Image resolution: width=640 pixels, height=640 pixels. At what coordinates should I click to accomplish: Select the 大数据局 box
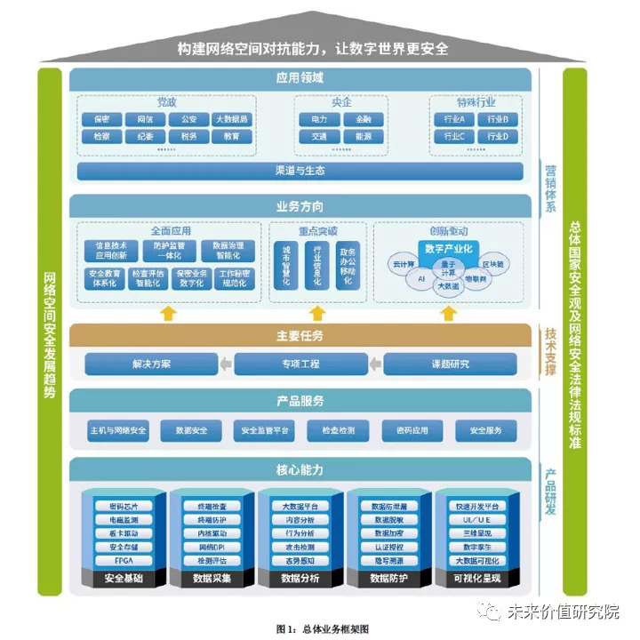232,119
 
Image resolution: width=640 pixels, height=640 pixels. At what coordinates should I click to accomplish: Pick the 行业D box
495,137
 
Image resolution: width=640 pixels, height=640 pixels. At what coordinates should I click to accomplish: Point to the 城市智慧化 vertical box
285,265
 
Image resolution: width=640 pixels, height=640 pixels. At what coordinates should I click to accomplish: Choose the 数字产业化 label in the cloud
449,247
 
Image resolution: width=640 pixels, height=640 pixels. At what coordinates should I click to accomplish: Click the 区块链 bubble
493,264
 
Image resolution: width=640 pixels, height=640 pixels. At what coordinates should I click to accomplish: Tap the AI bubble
421,278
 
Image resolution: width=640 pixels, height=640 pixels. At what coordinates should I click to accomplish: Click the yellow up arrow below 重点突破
315,313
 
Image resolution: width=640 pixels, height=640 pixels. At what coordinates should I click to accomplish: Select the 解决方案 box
151,364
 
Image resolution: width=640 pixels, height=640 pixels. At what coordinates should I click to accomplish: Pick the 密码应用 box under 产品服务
400,431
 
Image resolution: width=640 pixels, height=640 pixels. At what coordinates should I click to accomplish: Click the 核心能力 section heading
300,468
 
